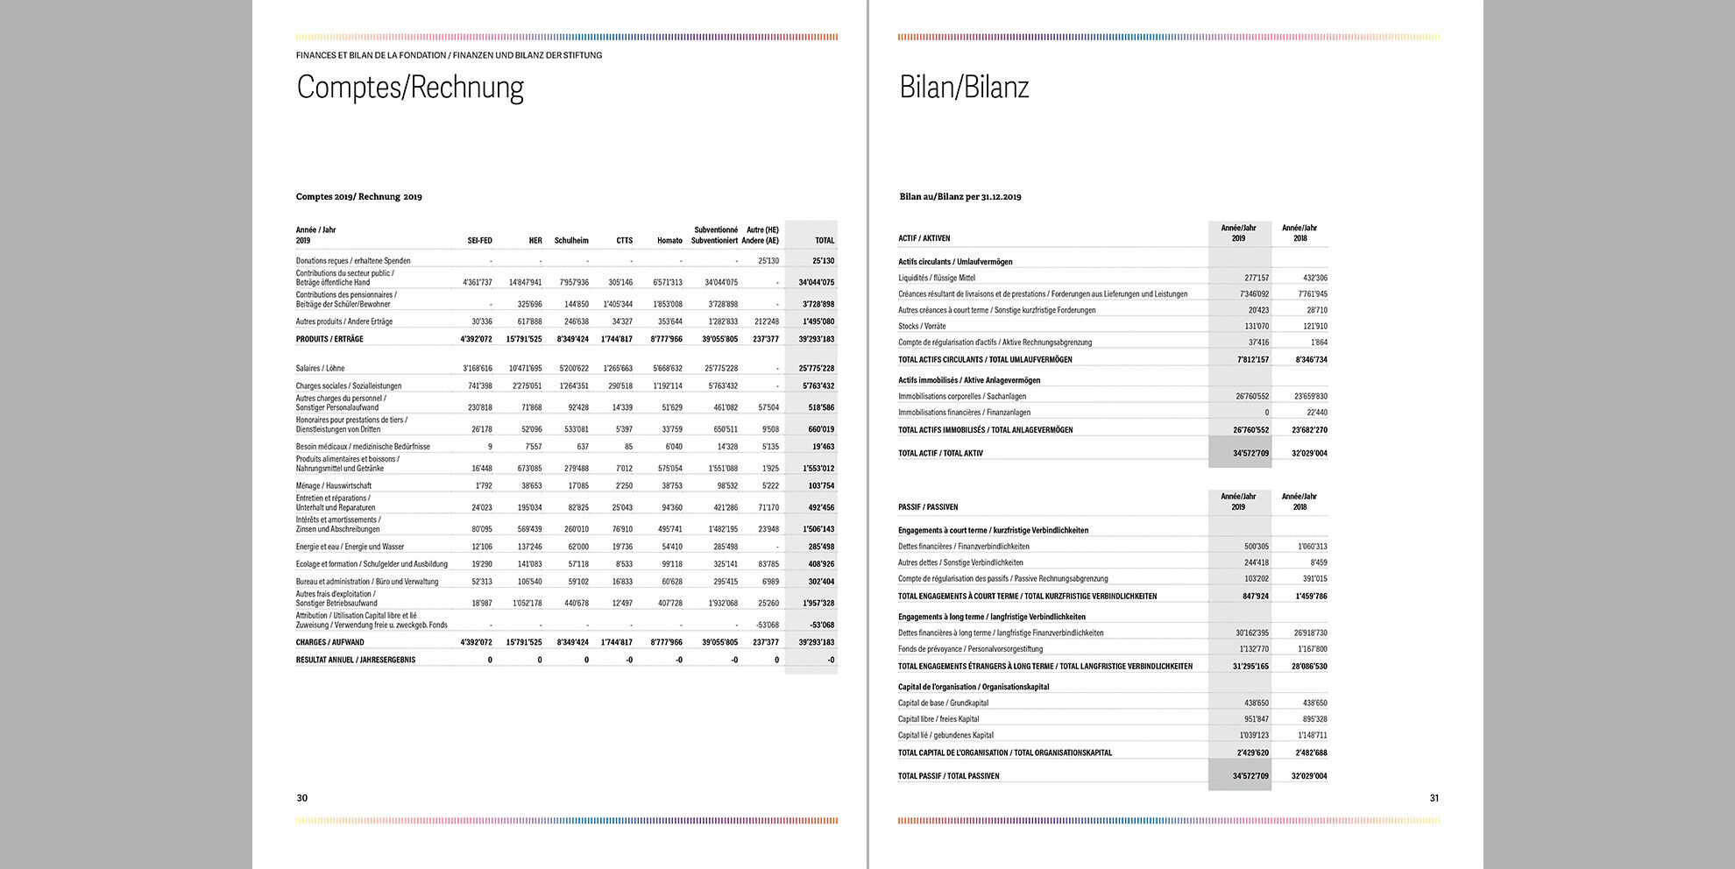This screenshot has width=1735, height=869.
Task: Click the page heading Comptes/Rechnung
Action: point(410,88)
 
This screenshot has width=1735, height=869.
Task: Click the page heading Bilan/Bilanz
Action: point(964,88)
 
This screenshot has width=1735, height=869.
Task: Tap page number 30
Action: point(302,798)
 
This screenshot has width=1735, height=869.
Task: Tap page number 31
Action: point(1434,798)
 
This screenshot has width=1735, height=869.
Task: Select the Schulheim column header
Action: point(571,241)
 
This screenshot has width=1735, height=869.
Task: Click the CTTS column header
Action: point(624,241)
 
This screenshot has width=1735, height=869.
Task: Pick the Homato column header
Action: point(669,241)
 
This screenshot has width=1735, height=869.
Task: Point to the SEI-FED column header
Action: point(479,241)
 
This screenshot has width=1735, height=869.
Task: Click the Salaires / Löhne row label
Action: point(320,369)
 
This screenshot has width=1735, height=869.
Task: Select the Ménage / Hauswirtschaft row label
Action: point(334,486)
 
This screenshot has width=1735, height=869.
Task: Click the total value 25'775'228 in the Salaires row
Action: point(816,369)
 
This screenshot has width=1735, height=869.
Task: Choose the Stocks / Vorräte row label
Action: point(922,327)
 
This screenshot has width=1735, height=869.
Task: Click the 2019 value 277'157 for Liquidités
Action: point(1256,279)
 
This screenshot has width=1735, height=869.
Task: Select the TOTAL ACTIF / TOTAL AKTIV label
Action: point(940,454)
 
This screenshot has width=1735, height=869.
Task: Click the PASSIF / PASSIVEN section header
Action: point(928,507)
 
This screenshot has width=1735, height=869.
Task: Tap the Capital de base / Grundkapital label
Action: point(943,703)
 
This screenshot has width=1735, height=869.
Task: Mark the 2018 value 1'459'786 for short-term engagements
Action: point(1311,597)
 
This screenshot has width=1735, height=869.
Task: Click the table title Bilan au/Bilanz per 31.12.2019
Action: point(960,197)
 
